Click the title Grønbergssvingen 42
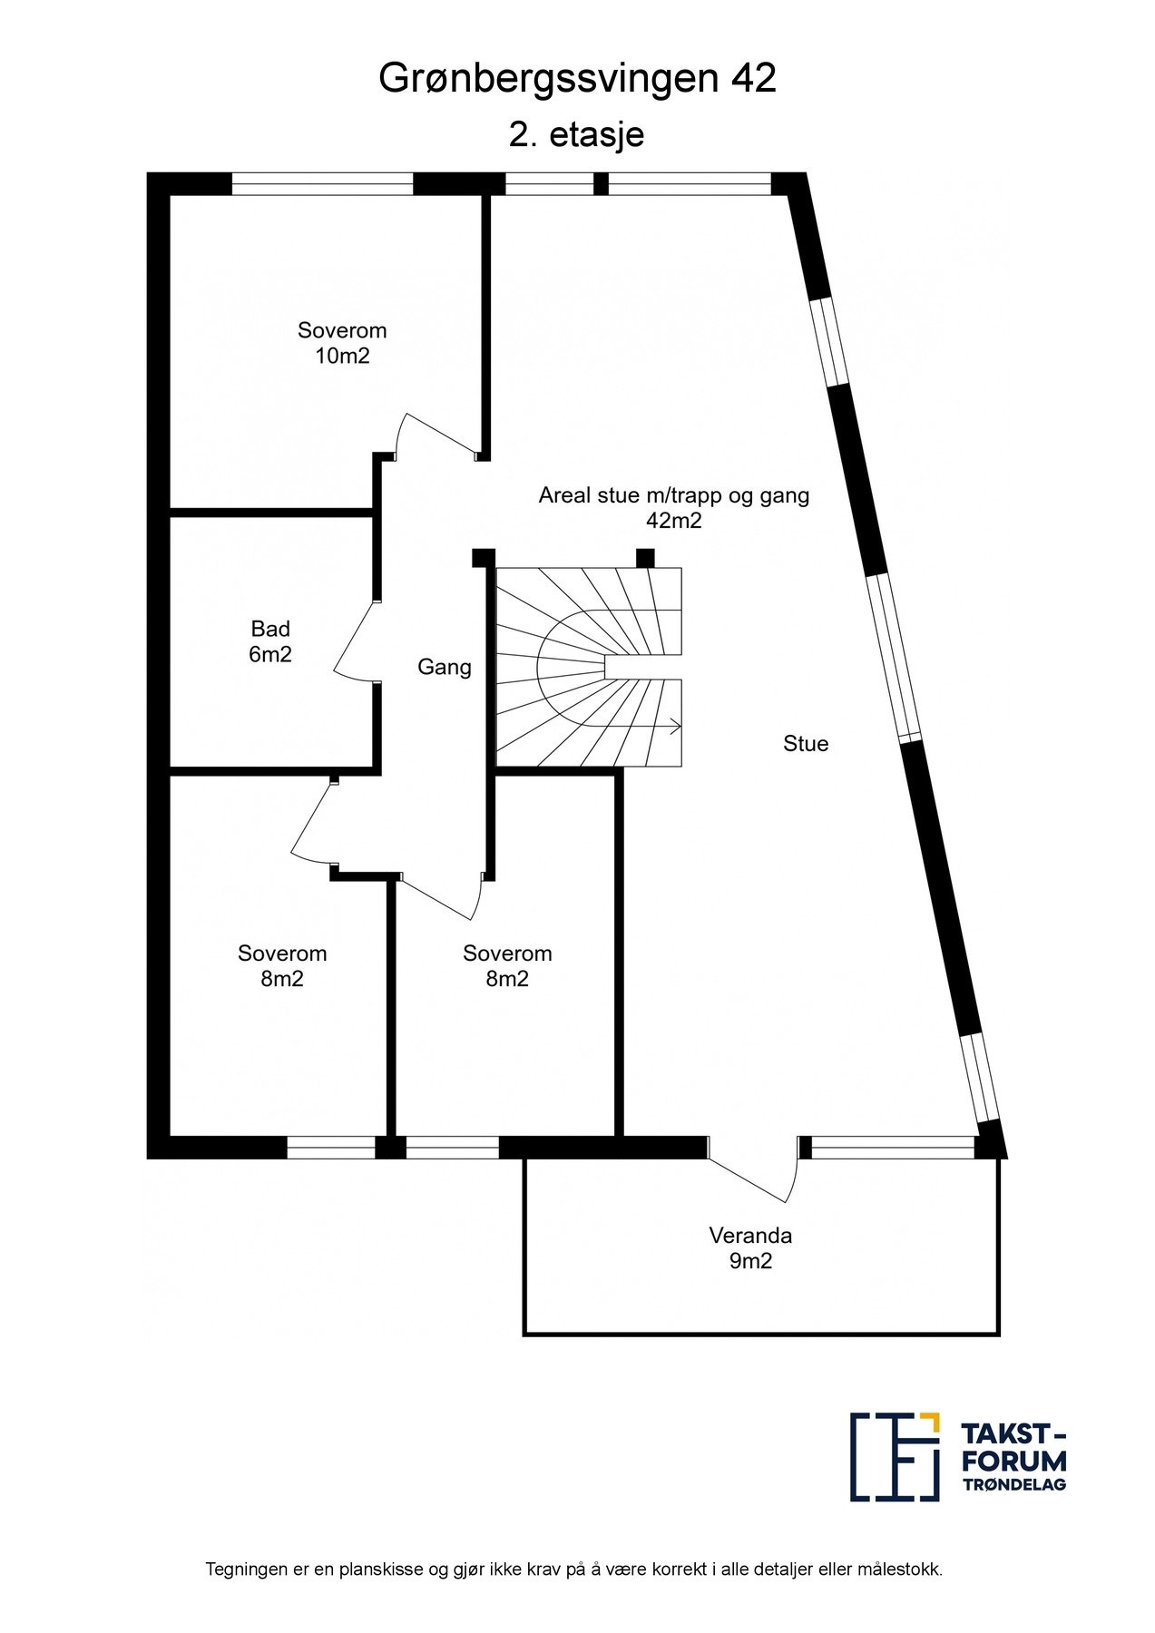pos(577,81)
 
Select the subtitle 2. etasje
pos(577,134)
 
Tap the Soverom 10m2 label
pos(342,343)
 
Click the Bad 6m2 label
pos(270,641)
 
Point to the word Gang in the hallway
pos(445,668)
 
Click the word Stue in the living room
pos(806,744)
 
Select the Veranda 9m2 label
pos(750,1247)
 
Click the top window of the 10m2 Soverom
pos(322,184)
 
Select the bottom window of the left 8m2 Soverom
pos(331,1148)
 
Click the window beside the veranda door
pos(893,1148)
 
